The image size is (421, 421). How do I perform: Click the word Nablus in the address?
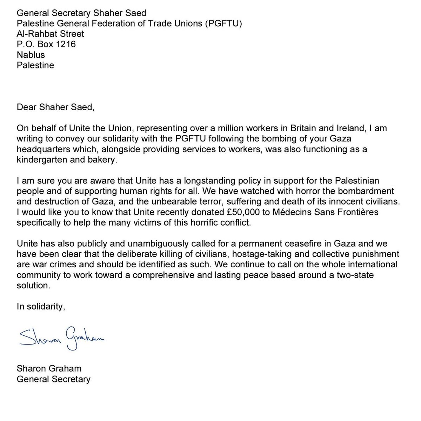pyautogui.click(x=31, y=54)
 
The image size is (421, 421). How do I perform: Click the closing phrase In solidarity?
pyautogui.click(x=41, y=306)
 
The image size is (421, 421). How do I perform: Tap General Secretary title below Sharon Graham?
pyautogui.click(x=53, y=379)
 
